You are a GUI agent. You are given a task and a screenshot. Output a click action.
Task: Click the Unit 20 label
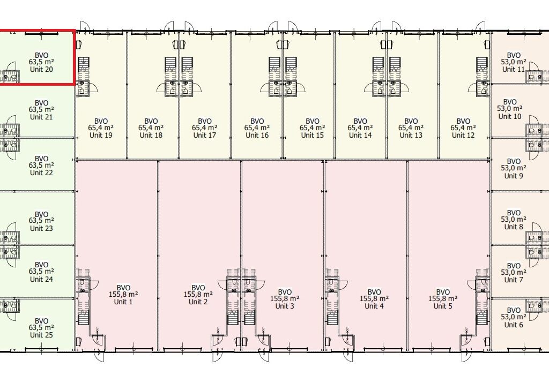click(x=41, y=69)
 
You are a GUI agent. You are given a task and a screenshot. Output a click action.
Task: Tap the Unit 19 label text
click(x=101, y=135)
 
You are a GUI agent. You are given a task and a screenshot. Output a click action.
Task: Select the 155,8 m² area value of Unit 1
click(x=123, y=294)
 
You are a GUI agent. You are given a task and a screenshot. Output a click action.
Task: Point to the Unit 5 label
click(x=443, y=306)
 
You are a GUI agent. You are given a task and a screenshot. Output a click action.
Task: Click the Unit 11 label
click(x=514, y=69)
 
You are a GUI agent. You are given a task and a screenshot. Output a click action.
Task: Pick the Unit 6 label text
click(x=514, y=325)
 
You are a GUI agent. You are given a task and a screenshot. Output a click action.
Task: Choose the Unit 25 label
click(x=41, y=335)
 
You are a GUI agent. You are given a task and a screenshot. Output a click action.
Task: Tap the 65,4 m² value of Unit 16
click(x=257, y=128)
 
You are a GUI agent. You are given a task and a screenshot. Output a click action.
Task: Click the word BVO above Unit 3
click(x=285, y=292)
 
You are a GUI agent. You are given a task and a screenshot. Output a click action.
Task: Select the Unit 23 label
click(x=41, y=228)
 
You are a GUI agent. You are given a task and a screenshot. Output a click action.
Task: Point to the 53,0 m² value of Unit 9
click(x=514, y=168)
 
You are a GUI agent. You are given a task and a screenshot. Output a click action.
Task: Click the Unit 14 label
click(x=360, y=135)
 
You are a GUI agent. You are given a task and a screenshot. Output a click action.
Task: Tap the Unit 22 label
click(x=41, y=172)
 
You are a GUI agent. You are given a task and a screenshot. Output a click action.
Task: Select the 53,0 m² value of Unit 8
click(x=514, y=220)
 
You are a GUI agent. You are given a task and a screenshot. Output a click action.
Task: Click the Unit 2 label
click(x=198, y=302)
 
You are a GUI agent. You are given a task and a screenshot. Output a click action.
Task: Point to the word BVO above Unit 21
click(x=41, y=103)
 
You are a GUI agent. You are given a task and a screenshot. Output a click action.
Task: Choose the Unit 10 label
click(x=510, y=116)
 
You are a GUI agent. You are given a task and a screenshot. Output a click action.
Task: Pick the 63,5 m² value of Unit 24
click(x=41, y=272)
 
